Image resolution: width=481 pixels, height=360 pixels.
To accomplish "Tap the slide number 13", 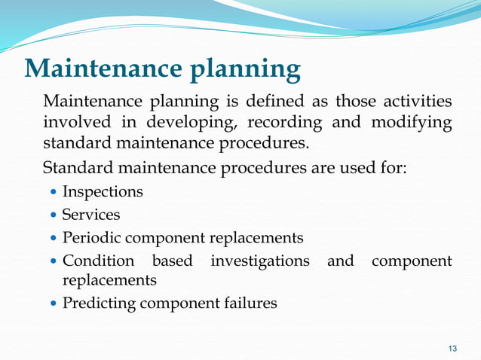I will click(452, 347).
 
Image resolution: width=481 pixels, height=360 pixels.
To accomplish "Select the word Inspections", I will click(103, 192).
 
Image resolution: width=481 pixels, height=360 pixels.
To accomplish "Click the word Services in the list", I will click(91, 215).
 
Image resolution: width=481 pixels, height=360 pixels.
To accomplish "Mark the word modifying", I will click(411, 122).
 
